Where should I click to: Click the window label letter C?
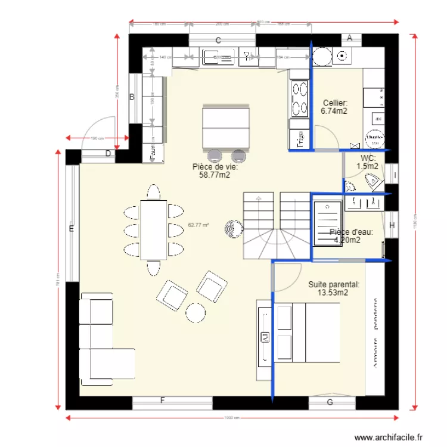[x=219, y=41]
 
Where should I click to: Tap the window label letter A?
[x=350, y=38]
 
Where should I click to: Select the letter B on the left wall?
[x=132, y=97]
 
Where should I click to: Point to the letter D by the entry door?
[x=108, y=154]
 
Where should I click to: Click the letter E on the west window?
[x=71, y=228]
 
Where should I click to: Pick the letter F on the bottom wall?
[x=162, y=401]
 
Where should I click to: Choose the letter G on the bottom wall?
[x=330, y=402]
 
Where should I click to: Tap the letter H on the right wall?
[x=392, y=225]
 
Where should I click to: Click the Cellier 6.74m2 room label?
[x=334, y=107]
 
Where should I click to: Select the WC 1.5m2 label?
[x=368, y=162]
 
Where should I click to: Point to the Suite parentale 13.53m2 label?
[x=334, y=288]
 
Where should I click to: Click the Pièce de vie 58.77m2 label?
[x=215, y=171]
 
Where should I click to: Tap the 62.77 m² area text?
[x=198, y=225]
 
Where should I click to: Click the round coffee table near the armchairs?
[x=195, y=312]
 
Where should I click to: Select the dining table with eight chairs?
[x=153, y=229]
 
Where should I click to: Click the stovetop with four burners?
[x=299, y=98]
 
